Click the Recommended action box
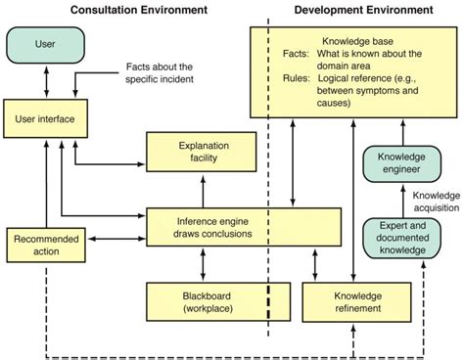pos(41,246)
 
